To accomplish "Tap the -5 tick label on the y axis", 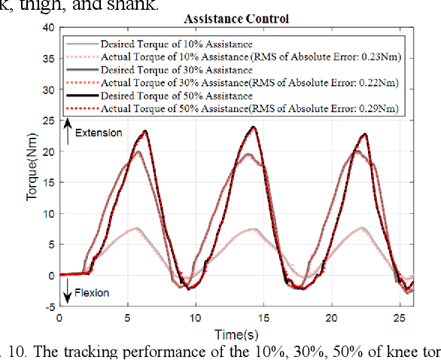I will pos(50,307).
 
